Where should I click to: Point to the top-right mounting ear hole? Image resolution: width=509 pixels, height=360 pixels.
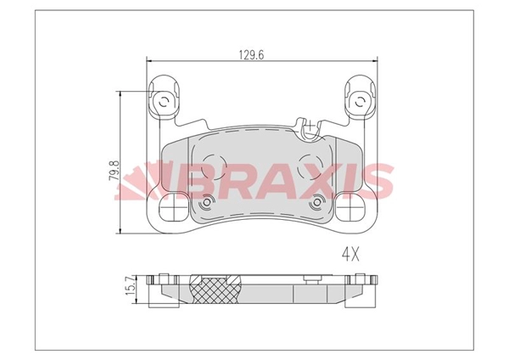[361, 103]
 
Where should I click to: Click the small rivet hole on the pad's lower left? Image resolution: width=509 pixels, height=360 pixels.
[208, 203]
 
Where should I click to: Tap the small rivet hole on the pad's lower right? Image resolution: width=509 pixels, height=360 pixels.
[317, 203]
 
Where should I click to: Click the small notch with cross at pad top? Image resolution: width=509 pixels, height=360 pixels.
[310, 130]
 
